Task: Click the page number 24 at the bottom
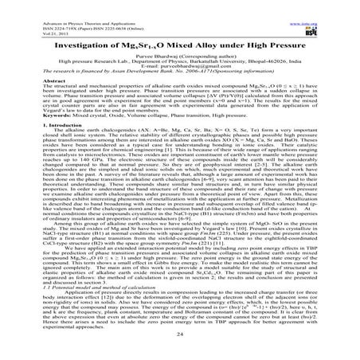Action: [x=180, y=338]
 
